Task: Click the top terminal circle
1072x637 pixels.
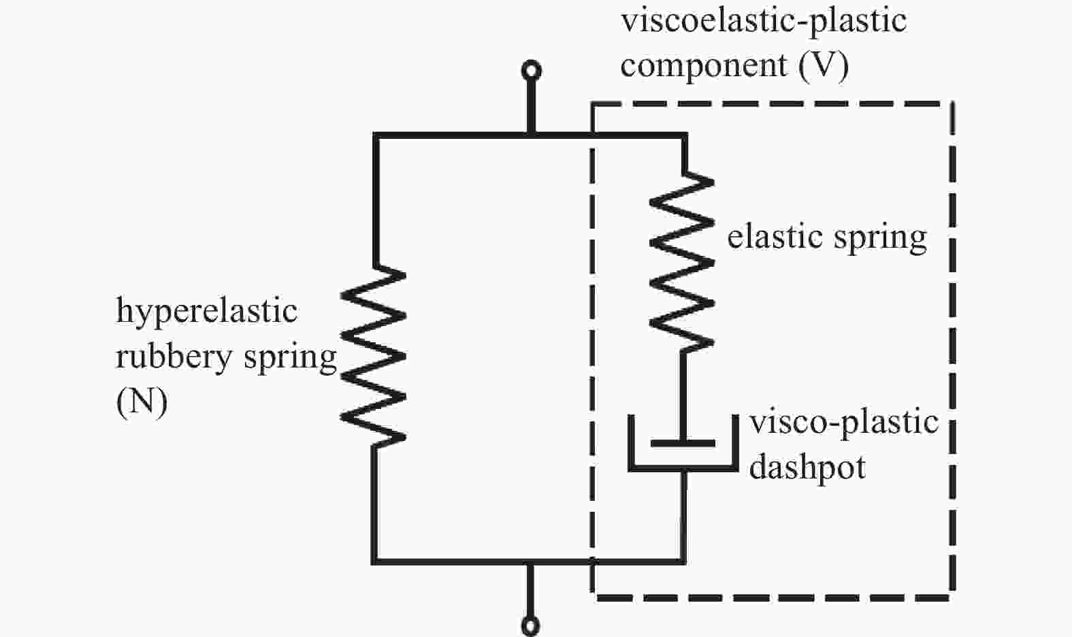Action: (x=531, y=71)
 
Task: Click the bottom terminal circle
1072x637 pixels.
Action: (x=531, y=625)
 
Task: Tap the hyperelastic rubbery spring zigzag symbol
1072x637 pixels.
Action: (x=373, y=356)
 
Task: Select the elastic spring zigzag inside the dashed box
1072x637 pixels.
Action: (x=683, y=262)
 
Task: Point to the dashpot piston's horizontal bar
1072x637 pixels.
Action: (x=683, y=443)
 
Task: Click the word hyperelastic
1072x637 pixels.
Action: (x=206, y=311)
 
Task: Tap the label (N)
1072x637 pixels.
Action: (x=142, y=402)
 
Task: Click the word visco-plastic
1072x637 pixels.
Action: (x=844, y=422)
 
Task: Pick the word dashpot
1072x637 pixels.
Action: (x=807, y=468)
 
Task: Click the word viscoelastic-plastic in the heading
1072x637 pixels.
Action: (x=763, y=20)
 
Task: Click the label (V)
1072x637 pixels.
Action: (x=824, y=66)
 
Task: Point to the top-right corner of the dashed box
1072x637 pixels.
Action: (x=952, y=104)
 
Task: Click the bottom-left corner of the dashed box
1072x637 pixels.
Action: (x=594, y=598)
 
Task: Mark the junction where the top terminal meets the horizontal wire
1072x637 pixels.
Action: (x=531, y=136)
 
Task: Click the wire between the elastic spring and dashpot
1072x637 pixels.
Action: (x=683, y=385)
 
